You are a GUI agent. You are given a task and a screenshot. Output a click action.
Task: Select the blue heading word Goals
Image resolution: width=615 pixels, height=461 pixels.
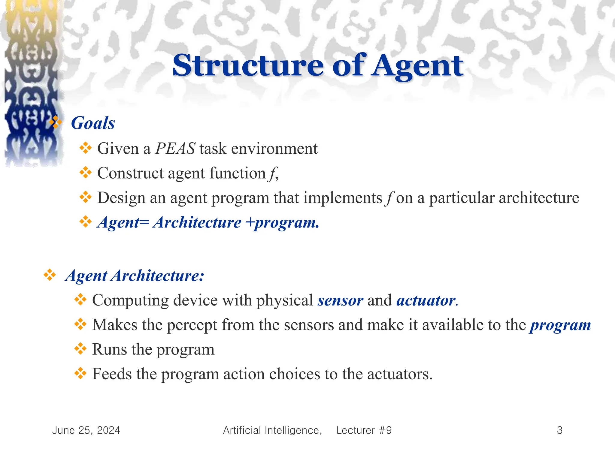pyautogui.click(x=93, y=123)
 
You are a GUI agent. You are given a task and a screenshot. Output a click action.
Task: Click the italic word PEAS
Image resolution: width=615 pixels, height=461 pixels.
pyautogui.click(x=175, y=149)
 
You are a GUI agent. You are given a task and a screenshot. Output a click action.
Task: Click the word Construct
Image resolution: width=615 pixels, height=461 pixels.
pyautogui.click(x=130, y=173)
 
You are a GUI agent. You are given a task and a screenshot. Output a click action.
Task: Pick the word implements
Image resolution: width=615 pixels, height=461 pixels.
pyautogui.click(x=343, y=198)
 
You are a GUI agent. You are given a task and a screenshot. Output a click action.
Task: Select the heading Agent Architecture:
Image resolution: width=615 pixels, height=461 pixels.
pyautogui.click(x=135, y=276)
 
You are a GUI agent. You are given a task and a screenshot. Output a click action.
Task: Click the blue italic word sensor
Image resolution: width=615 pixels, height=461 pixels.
pyautogui.click(x=340, y=300)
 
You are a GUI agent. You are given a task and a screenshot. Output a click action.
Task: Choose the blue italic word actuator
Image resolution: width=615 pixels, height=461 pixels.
pyautogui.click(x=426, y=300)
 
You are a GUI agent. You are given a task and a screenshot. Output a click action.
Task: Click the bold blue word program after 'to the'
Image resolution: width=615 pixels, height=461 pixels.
pyautogui.click(x=560, y=325)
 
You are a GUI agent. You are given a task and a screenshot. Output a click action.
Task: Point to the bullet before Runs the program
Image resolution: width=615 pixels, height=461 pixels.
pyautogui.click(x=80, y=349)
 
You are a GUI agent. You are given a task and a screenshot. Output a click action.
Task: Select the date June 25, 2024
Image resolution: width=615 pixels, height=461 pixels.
pyautogui.click(x=86, y=430)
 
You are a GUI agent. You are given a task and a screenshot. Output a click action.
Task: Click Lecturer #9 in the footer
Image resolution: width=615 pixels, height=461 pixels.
pyautogui.click(x=364, y=430)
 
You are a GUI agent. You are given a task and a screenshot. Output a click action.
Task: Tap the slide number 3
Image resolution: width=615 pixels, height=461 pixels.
pyautogui.click(x=559, y=430)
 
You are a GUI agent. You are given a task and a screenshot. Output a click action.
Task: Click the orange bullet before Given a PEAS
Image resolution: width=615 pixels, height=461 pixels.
pyautogui.click(x=85, y=148)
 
